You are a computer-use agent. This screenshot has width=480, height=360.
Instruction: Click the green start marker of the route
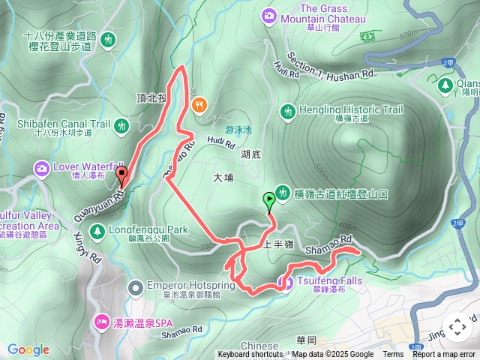point(269,200)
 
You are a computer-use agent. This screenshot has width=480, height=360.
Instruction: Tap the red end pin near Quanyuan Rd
point(122,177)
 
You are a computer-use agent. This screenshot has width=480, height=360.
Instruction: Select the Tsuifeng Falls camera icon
point(285,282)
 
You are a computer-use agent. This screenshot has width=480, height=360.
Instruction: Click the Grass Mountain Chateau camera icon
point(269,14)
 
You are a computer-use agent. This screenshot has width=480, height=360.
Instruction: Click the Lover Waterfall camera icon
point(40,167)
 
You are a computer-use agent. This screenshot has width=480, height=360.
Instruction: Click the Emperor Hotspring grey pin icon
point(135,286)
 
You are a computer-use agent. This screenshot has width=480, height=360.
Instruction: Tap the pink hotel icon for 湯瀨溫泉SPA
point(101,322)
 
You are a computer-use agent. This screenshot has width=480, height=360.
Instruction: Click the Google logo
point(28,349)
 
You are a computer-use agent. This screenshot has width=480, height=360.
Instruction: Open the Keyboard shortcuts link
point(250,355)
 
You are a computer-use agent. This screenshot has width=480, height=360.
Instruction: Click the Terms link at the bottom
point(393,355)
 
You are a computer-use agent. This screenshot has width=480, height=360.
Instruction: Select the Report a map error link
point(445,355)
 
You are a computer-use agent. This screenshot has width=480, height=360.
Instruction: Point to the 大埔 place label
point(223,178)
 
